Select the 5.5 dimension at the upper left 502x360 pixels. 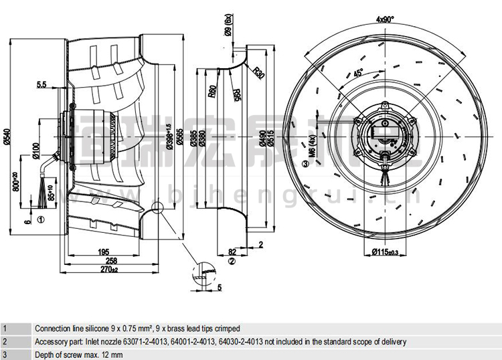41,85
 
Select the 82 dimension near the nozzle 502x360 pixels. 233,252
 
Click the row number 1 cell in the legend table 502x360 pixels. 5,329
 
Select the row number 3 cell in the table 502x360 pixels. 5,354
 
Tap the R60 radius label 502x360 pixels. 212,92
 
